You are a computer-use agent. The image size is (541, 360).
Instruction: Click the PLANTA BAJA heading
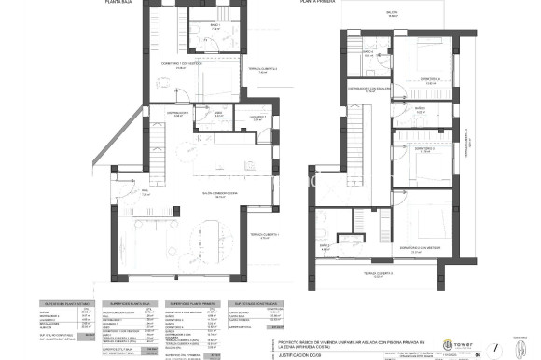[118, 3]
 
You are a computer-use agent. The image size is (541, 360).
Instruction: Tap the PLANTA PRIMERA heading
[315, 3]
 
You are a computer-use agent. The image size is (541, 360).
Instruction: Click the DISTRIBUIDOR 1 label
[178, 112]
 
